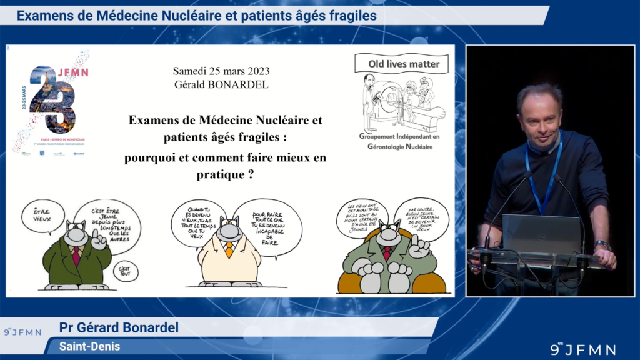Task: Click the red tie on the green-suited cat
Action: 76,254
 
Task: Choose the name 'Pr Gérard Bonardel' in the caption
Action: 119,328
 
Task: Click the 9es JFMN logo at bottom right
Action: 582,349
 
